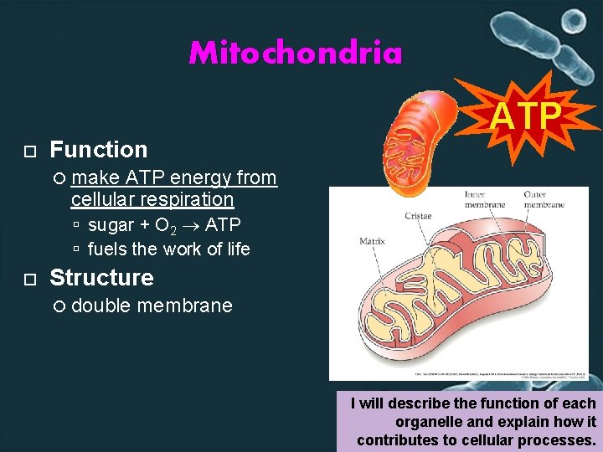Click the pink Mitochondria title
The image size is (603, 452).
tap(296, 54)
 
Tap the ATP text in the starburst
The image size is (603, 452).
tap(526, 117)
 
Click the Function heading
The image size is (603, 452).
tap(98, 150)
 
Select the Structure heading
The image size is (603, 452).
tap(101, 277)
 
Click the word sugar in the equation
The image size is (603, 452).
tap(111, 224)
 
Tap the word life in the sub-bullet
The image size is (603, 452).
tap(234, 249)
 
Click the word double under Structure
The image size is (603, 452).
tap(100, 306)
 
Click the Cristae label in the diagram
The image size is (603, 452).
tap(418, 216)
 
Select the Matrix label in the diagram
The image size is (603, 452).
tap(372, 241)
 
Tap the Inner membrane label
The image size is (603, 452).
tap(484, 199)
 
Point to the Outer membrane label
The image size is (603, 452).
tap(544, 199)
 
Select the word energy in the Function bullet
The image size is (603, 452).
tap(201, 177)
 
